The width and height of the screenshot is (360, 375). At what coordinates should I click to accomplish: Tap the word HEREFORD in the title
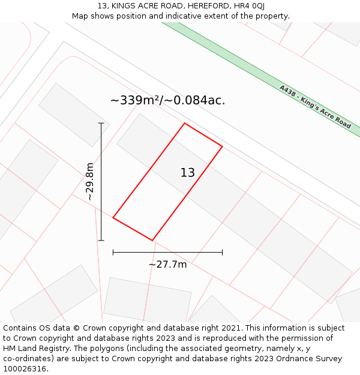click(x=203, y=6)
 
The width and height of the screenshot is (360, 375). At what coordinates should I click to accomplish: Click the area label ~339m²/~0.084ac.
click(x=167, y=101)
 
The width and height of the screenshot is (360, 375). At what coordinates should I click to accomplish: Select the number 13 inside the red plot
click(x=187, y=173)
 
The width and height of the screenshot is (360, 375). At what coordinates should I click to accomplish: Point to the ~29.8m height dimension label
click(x=90, y=181)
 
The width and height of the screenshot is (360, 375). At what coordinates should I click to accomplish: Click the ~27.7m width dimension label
click(x=167, y=264)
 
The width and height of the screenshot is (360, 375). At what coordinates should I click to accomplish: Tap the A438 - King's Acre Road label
click(x=315, y=106)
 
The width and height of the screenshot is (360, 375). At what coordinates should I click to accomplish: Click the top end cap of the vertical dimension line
click(x=101, y=123)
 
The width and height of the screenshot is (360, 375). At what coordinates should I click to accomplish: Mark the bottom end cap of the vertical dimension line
click(x=101, y=241)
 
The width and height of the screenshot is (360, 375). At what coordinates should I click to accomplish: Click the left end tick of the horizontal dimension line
click(x=113, y=253)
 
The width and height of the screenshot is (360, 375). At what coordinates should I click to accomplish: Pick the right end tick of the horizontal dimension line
click(x=222, y=253)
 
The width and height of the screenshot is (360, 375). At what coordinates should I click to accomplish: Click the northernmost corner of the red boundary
click(x=184, y=124)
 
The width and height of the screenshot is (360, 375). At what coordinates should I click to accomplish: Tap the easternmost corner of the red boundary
click(x=222, y=146)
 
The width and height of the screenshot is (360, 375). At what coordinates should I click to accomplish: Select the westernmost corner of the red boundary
click(x=113, y=218)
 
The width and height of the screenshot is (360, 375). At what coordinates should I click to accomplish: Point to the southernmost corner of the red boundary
click(x=152, y=241)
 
